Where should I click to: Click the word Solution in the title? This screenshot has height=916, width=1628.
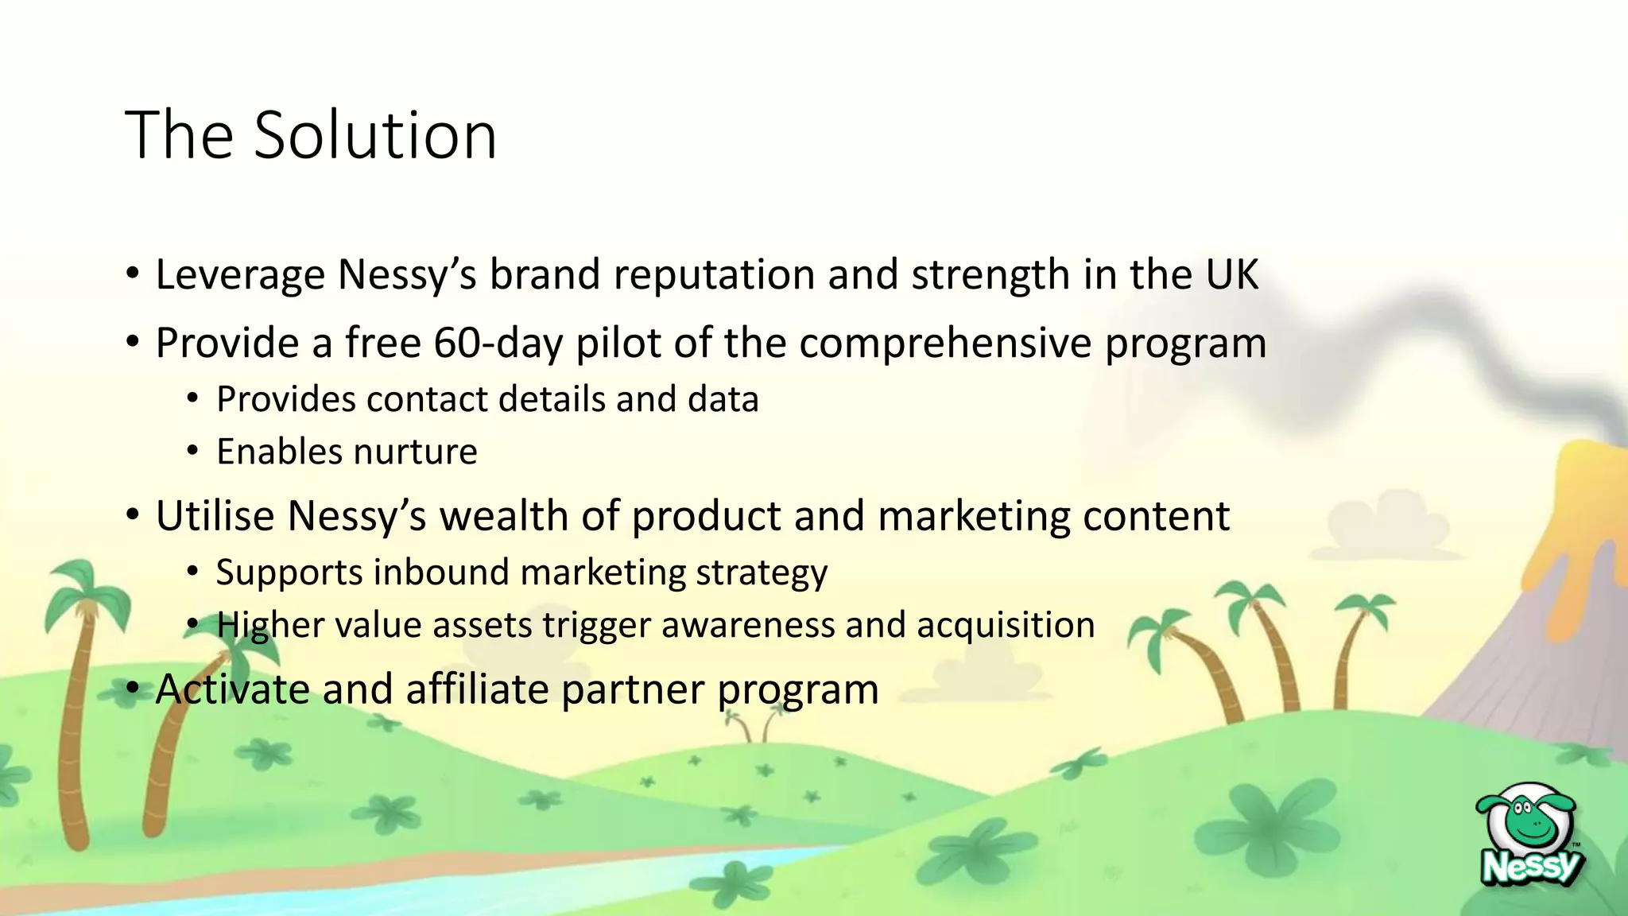375,135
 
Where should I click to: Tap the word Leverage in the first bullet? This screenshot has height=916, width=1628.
240,275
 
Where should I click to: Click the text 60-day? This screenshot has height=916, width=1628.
498,343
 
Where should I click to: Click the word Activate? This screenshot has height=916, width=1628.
232,689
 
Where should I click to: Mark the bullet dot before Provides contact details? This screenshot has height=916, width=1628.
192,399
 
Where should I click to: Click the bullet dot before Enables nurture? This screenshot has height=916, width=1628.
192,452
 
